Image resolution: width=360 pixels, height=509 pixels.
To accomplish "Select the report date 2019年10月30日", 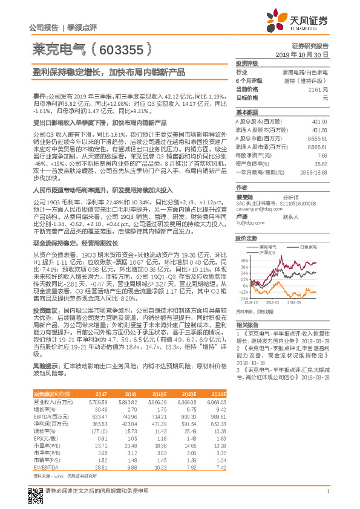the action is (x=306, y=54).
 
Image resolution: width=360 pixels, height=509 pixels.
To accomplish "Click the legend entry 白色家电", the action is (x=309, y=230).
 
